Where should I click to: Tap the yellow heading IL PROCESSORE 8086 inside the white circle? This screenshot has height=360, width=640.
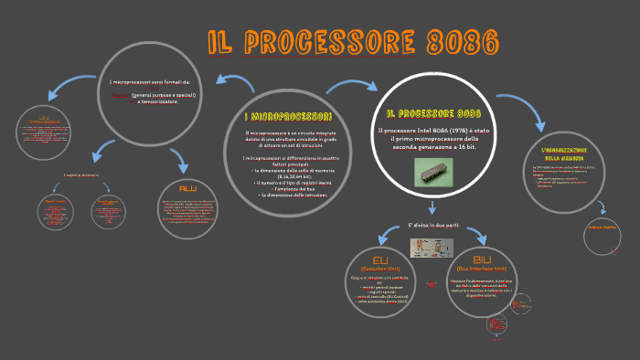click(x=432, y=113)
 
